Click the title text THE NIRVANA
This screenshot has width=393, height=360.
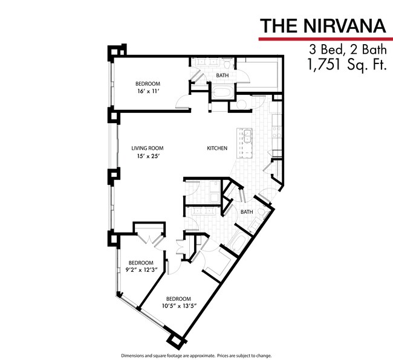click(322, 26)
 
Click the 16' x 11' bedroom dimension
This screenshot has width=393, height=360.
click(147, 91)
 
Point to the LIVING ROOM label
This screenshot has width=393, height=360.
click(148, 148)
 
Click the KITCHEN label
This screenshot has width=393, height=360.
click(217, 148)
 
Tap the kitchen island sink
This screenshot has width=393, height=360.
click(247, 136)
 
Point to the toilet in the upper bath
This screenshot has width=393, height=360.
click(225, 63)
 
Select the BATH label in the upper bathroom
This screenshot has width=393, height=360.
click(222, 76)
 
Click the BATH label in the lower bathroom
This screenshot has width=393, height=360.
click(246, 212)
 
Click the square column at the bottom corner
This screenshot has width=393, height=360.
click(176, 341)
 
